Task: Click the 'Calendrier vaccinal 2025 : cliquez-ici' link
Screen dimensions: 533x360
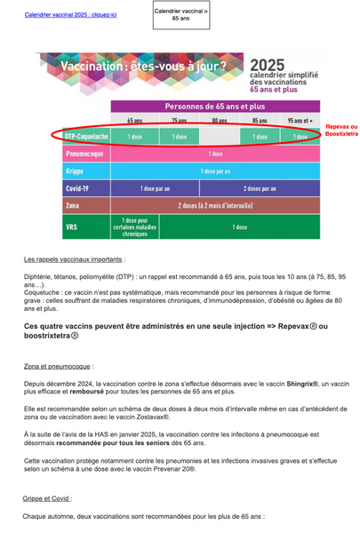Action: tap(71, 15)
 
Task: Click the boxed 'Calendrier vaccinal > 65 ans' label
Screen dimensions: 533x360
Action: tap(181, 14)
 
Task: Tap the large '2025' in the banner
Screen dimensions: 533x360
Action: tap(267, 67)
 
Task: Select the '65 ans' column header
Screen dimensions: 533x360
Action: tap(134, 121)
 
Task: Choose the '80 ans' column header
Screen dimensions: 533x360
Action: tap(220, 121)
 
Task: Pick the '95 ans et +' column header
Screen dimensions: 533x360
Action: tap(300, 121)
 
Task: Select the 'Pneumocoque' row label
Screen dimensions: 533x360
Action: tap(82, 154)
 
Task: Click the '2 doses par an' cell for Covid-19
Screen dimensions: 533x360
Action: tap(260, 188)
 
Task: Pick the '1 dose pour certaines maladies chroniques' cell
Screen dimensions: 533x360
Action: tap(135, 227)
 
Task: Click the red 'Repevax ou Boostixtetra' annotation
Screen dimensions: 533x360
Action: tap(341, 131)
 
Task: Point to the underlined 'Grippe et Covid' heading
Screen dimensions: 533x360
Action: tap(49, 499)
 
